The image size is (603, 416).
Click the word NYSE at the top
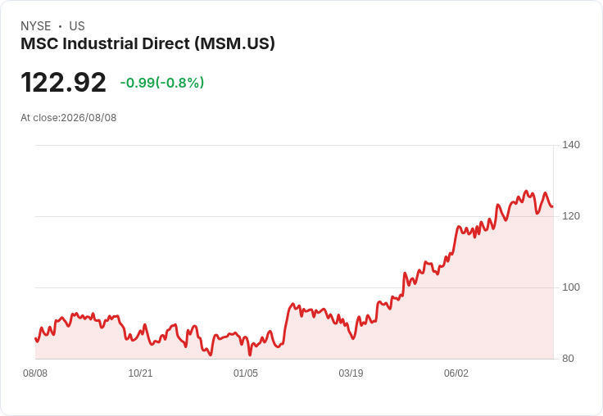(36, 26)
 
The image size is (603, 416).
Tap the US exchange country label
(77, 26)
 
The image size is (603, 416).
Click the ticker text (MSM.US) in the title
(234, 44)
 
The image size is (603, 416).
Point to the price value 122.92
(63, 82)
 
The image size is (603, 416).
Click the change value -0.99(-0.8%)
(162, 82)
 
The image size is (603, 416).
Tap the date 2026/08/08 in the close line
(88, 118)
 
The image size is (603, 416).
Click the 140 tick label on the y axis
(571, 145)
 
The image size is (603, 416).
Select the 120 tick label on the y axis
(571, 216)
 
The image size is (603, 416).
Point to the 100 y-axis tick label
(571, 287)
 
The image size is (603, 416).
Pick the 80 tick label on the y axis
(568, 359)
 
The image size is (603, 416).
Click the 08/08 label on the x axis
(35, 373)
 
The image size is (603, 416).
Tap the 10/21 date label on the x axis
(140, 373)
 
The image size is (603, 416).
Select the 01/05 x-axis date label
(246, 373)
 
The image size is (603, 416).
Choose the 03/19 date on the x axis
(351, 373)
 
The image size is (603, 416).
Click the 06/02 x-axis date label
(456, 373)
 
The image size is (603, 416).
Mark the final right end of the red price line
(552, 206)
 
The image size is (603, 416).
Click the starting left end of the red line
(35, 338)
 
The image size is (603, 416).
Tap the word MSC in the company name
(39, 43)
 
